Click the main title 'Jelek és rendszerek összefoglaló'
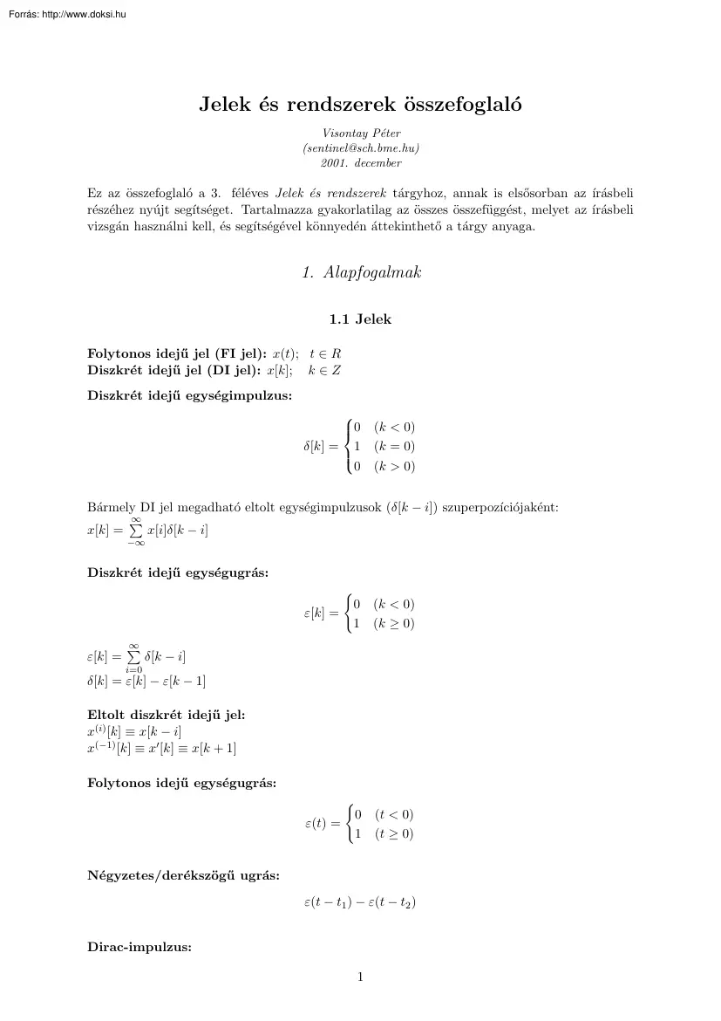(360, 106)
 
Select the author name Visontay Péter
(360, 134)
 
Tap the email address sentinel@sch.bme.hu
(360, 148)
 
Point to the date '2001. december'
(360, 162)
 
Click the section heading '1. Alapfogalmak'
(360, 272)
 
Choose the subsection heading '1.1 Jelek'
(360, 319)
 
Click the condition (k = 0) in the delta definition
(394, 447)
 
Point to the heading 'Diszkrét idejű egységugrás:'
(178, 572)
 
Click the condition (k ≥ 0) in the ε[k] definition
(394, 624)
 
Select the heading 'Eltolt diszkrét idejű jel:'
(167, 715)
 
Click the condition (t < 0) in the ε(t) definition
(394, 815)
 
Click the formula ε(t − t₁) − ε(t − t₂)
(360, 903)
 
